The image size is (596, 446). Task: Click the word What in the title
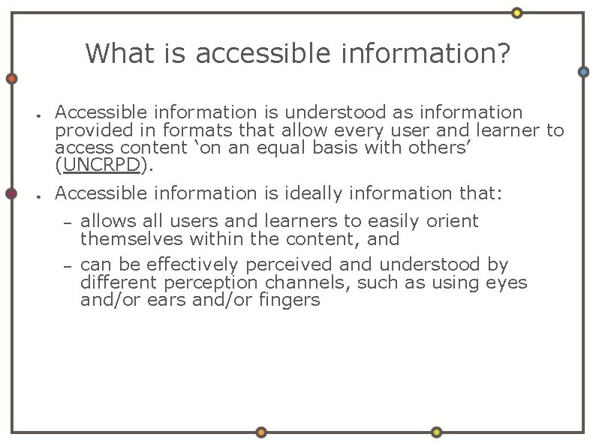(112, 53)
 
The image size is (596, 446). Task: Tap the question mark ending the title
(502, 53)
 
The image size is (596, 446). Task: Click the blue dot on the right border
(583, 72)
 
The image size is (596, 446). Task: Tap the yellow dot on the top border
(516, 13)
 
